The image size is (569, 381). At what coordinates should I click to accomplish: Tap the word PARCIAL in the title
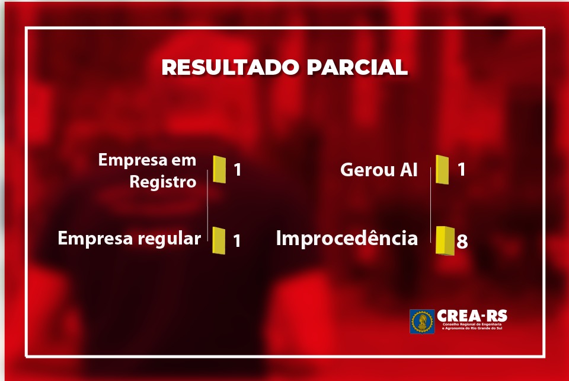click(x=357, y=67)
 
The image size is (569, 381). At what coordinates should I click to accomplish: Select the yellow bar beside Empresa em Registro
click(x=219, y=169)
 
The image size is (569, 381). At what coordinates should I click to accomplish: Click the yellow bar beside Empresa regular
click(x=219, y=240)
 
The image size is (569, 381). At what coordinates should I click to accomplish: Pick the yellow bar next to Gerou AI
click(x=442, y=170)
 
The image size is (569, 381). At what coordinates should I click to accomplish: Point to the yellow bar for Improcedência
click(x=445, y=241)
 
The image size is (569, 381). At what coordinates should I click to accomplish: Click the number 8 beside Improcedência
click(x=462, y=241)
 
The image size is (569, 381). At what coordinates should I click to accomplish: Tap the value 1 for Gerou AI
click(x=461, y=169)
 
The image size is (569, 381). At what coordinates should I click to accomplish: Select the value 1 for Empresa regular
click(x=237, y=240)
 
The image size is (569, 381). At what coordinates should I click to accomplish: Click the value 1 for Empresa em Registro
click(x=237, y=170)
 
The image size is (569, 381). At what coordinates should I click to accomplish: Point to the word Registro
click(x=163, y=182)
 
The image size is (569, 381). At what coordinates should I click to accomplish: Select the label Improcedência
click(x=347, y=239)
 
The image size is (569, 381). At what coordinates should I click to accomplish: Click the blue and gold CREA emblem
click(x=422, y=322)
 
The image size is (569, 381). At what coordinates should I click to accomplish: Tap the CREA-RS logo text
click(x=472, y=316)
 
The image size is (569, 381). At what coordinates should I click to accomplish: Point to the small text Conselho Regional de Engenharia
click(x=472, y=324)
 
